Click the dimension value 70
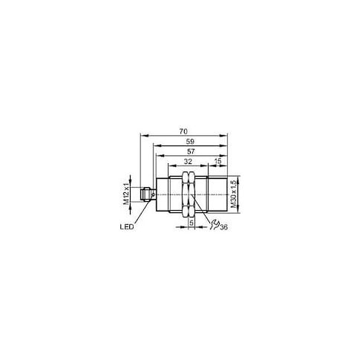183,131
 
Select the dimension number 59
190,142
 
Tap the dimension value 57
191,151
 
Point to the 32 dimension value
188,162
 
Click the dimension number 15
217,162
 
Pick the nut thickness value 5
192,223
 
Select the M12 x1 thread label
126,194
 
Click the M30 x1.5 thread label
233,194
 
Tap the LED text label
127,226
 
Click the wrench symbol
215,225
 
